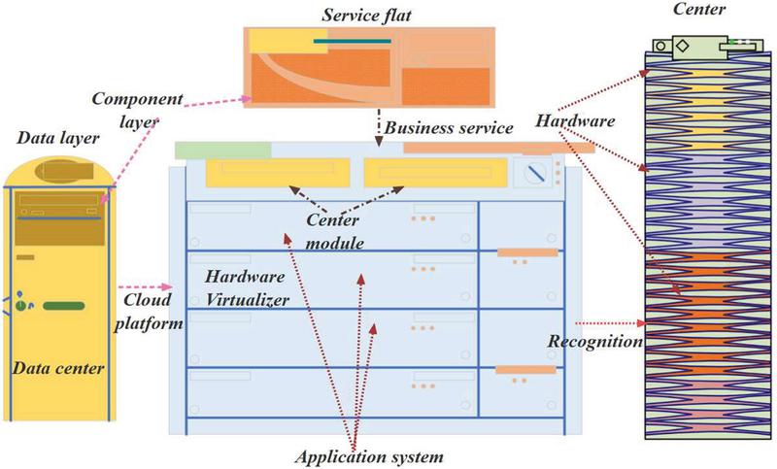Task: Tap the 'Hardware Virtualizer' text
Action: coord(247,288)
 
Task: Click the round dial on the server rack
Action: coord(533,175)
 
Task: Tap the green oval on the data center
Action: coord(63,306)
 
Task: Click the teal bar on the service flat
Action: coord(353,42)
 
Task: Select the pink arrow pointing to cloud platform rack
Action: coord(148,287)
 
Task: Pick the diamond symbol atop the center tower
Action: coord(683,46)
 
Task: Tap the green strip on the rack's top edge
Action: coord(222,149)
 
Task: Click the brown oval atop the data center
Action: coord(59,171)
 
